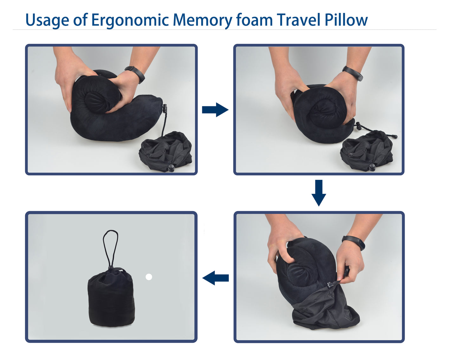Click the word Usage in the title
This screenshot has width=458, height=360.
(x=47, y=20)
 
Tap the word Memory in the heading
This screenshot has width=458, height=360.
(x=202, y=20)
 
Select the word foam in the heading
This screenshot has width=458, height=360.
(x=254, y=20)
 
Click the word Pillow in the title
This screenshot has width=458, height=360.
(x=346, y=20)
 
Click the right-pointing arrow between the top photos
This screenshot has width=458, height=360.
(x=215, y=110)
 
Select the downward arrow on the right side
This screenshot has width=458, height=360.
(x=319, y=193)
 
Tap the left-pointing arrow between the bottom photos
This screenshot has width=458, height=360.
(x=216, y=278)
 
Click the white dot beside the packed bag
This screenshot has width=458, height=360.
(x=149, y=277)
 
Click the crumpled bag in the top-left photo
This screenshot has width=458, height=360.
(x=166, y=152)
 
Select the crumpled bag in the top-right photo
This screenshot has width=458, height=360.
(x=367, y=151)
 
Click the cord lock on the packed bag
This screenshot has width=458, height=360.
(x=111, y=268)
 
